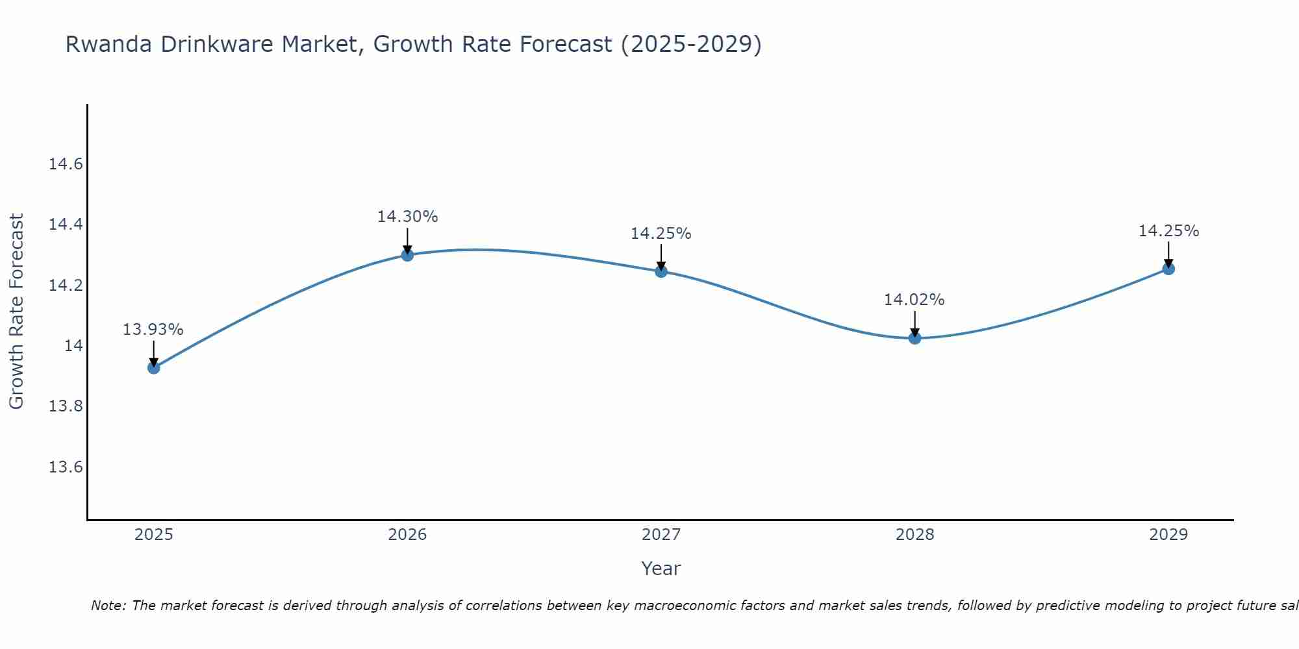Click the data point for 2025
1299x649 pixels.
(154, 368)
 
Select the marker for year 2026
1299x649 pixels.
(407, 255)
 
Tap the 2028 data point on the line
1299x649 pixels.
(914, 337)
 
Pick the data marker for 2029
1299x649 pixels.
(1168, 269)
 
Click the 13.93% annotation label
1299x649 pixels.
(153, 330)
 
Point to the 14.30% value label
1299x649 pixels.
(408, 217)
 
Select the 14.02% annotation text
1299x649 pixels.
(914, 300)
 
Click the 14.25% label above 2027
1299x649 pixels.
(661, 234)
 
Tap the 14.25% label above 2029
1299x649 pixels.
(1168, 231)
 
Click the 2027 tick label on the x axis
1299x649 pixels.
(661, 535)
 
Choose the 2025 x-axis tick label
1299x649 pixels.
(154, 535)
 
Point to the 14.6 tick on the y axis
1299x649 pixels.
(66, 164)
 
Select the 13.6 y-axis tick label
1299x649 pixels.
(66, 467)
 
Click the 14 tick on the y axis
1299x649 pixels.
(73, 346)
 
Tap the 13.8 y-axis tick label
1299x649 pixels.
(66, 407)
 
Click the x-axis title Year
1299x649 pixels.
(661, 569)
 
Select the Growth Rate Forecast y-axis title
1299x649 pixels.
(16, 312)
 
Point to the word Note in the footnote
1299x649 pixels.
(108, 606)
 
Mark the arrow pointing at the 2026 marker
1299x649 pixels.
(407, 241)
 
